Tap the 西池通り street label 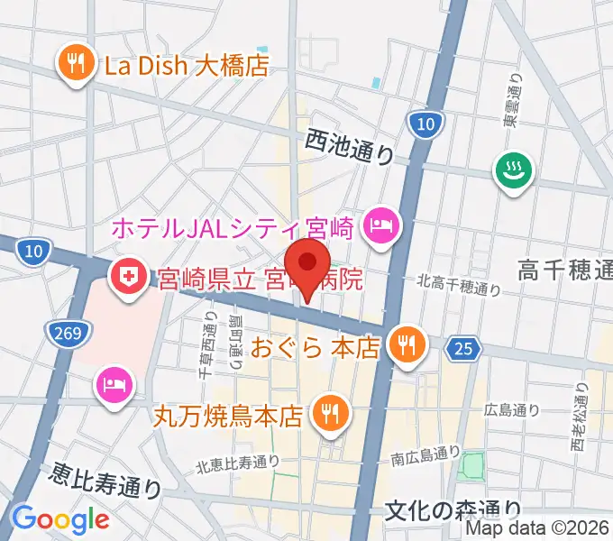[348, 146]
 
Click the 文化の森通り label [453, 511]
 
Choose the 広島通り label [512, 409]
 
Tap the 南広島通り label [426, 459]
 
